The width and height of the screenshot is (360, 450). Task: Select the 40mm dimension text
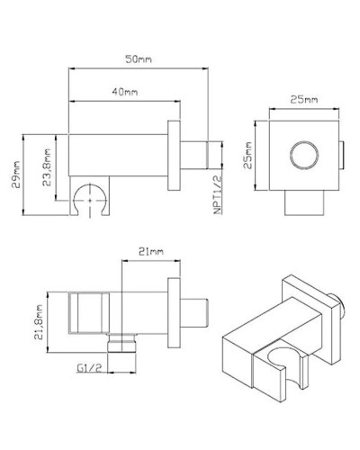(125, 93)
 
